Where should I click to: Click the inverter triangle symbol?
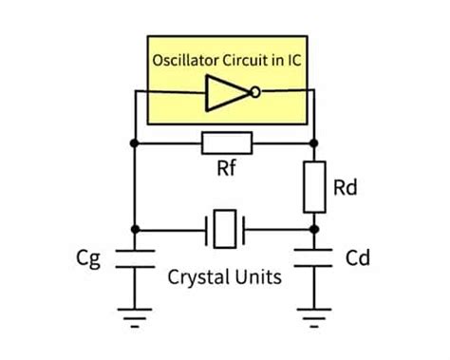[224, 92]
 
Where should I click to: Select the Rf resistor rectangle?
[226, 143]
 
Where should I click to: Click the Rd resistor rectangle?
[315, 187]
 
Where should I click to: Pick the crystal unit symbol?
[225, 228]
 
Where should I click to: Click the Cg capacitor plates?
[136, 259]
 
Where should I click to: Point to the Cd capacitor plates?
[315, 259]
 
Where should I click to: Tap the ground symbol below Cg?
[136, 316]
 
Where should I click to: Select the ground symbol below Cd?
[315, 316]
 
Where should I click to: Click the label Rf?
[226, 172]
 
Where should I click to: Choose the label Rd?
[347, 187]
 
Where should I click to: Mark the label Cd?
[358, 258]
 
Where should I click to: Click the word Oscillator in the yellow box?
[187, 61]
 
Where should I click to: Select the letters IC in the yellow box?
[292, 61]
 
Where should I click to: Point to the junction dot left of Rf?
[136, 143]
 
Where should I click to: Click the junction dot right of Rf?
[315, 143]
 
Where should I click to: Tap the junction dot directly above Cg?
[136, 228]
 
